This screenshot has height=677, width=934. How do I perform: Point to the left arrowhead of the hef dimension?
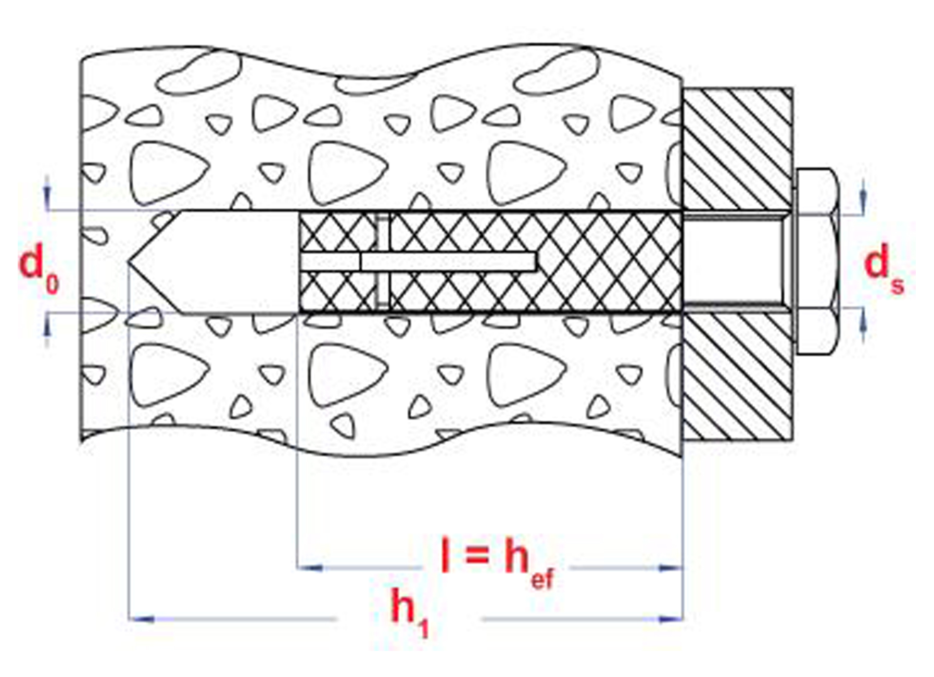click(309, 568)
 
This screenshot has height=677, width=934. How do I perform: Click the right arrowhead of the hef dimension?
click(671, 568)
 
